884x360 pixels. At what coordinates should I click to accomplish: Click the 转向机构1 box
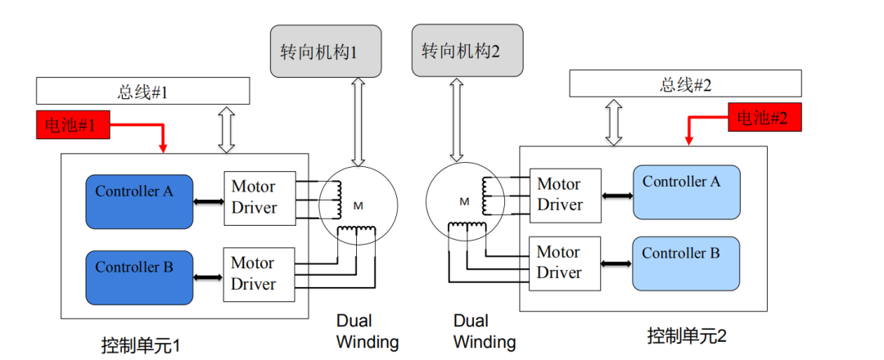coord(315,52)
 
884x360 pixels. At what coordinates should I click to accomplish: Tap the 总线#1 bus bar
coord(143,91)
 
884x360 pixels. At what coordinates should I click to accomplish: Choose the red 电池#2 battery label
coord(763,118)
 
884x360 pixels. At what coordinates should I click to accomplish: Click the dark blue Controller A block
coord(139,201)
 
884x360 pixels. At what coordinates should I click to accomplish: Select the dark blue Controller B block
coord(139,277)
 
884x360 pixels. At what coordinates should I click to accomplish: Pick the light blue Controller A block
coord(686,192)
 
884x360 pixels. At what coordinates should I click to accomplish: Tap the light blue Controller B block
coord(686,263)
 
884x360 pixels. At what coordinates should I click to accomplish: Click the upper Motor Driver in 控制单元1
coord(259,196)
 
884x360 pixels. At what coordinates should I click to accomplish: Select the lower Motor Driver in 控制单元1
coord(259,273)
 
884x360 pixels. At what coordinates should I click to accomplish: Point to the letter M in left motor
coord(358,205)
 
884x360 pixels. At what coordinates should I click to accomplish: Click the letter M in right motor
coord(464,201)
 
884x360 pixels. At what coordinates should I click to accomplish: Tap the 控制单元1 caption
coord(140,344)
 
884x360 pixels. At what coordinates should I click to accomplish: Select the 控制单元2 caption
coord(687,335)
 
